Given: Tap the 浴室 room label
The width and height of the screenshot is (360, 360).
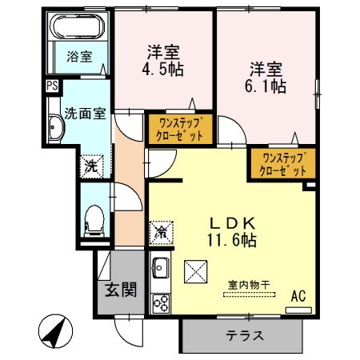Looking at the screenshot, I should (x=78, y=57).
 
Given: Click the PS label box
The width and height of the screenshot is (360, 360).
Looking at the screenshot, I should (x=52, y=86).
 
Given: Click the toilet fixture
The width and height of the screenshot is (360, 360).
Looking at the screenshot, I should (x=93, y=218).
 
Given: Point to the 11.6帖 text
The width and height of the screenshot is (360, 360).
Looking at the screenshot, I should (x=232, y=238).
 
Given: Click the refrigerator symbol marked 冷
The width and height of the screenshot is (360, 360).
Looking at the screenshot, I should (x=162, y=233).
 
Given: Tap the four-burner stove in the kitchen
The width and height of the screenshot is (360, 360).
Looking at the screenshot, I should (x=161, y=302).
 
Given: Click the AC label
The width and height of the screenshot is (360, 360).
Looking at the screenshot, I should (x=298, y=298).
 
